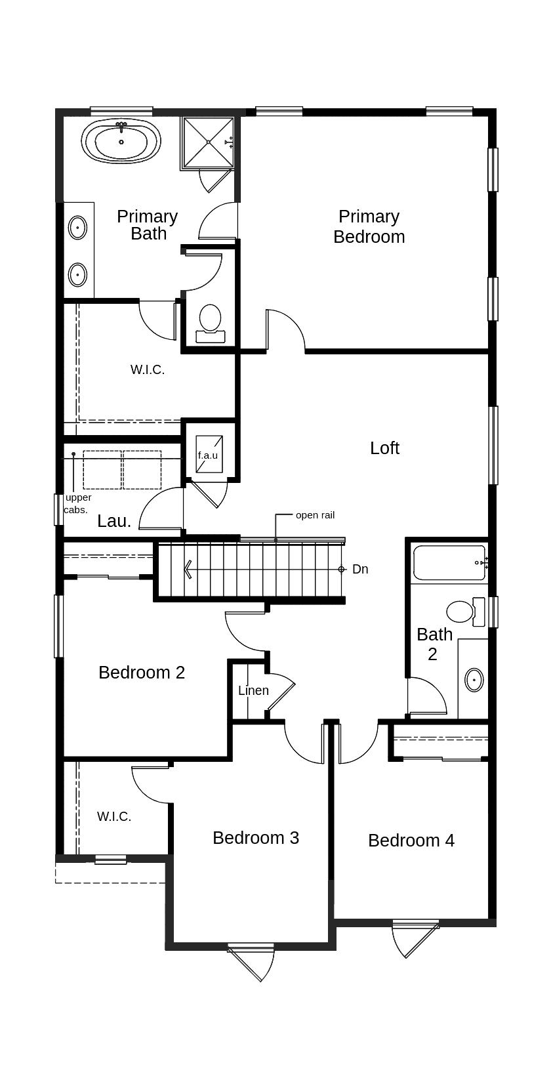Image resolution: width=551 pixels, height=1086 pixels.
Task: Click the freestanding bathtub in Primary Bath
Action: click(x=121, y=141)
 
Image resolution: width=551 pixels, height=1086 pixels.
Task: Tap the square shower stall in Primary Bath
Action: click(x=208, y=142)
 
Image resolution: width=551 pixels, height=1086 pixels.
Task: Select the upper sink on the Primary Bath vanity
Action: click(x=77, y=228)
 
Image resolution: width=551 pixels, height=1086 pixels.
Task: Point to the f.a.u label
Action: click(x=207, y=455)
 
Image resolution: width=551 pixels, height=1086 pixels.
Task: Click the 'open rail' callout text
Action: click(x=315, y=515)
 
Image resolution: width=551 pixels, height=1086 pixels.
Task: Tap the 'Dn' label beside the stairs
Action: click(x=360, y=570)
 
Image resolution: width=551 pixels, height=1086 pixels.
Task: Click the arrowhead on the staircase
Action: click(x=189, y=569)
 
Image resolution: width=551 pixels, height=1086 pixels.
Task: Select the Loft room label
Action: click(x=384, y=448)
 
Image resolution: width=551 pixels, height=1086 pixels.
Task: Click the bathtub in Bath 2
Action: click(x=449, y=562)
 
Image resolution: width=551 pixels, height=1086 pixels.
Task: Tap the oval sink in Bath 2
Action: click(x=474, y=680)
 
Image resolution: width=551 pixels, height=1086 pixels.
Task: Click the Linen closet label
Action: click(x=253, y=690)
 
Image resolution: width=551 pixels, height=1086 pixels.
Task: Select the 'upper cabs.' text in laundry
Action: click(x=77, y=503)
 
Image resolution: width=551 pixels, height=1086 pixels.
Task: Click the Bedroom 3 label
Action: click(x=256, y=838)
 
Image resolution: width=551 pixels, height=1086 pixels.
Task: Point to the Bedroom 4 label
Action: click(x=411, y=841)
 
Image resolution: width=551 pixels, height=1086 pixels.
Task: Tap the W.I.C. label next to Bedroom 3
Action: click(x=114, y=817)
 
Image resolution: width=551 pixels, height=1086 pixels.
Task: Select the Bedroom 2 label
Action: click(x=142, y=673)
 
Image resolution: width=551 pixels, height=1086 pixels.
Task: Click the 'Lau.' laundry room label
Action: click(x=114, y=522)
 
